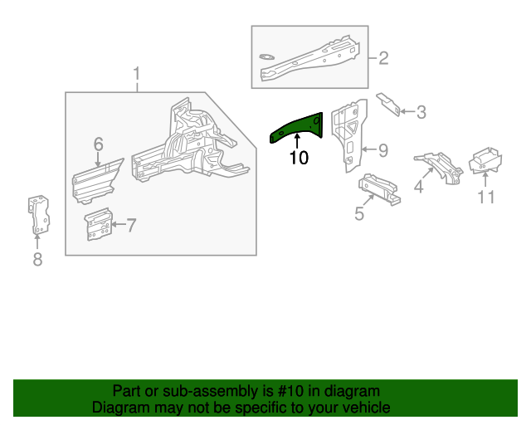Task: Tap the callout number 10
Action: tap(298, 158)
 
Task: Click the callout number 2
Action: tap(383, 58)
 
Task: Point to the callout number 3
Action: tap(421, 112)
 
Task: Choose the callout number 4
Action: tap(417, 188)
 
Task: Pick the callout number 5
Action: tap(358, 213)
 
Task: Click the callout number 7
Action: tap(131, 225)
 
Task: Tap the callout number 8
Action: tap(37, 260)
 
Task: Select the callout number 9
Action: tap(382, 150)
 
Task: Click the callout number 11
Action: tap(485, 197)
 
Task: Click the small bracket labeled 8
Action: tap(39, 215)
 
